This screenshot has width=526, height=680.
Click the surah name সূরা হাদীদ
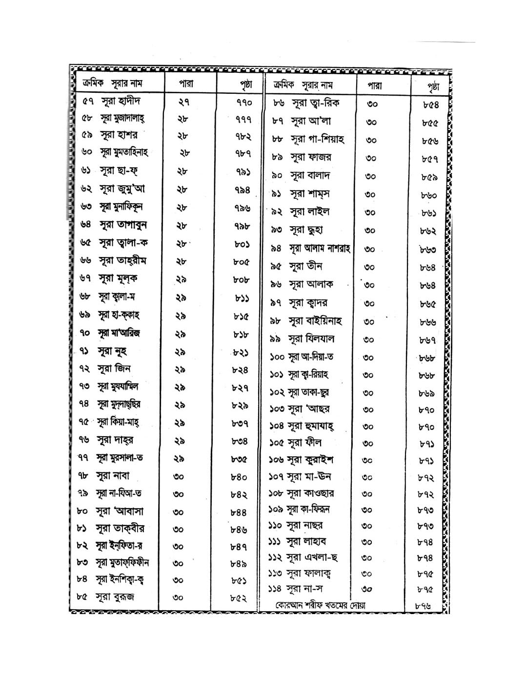(121, 102)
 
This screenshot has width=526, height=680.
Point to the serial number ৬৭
(86, 278)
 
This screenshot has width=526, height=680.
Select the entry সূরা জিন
(114, 369)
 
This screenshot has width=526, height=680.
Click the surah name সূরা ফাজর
(311, 157)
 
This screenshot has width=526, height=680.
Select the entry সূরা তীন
(305, 266)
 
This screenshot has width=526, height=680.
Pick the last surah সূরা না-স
(304, 589)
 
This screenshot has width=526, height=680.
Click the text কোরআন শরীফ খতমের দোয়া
(320, 605)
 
